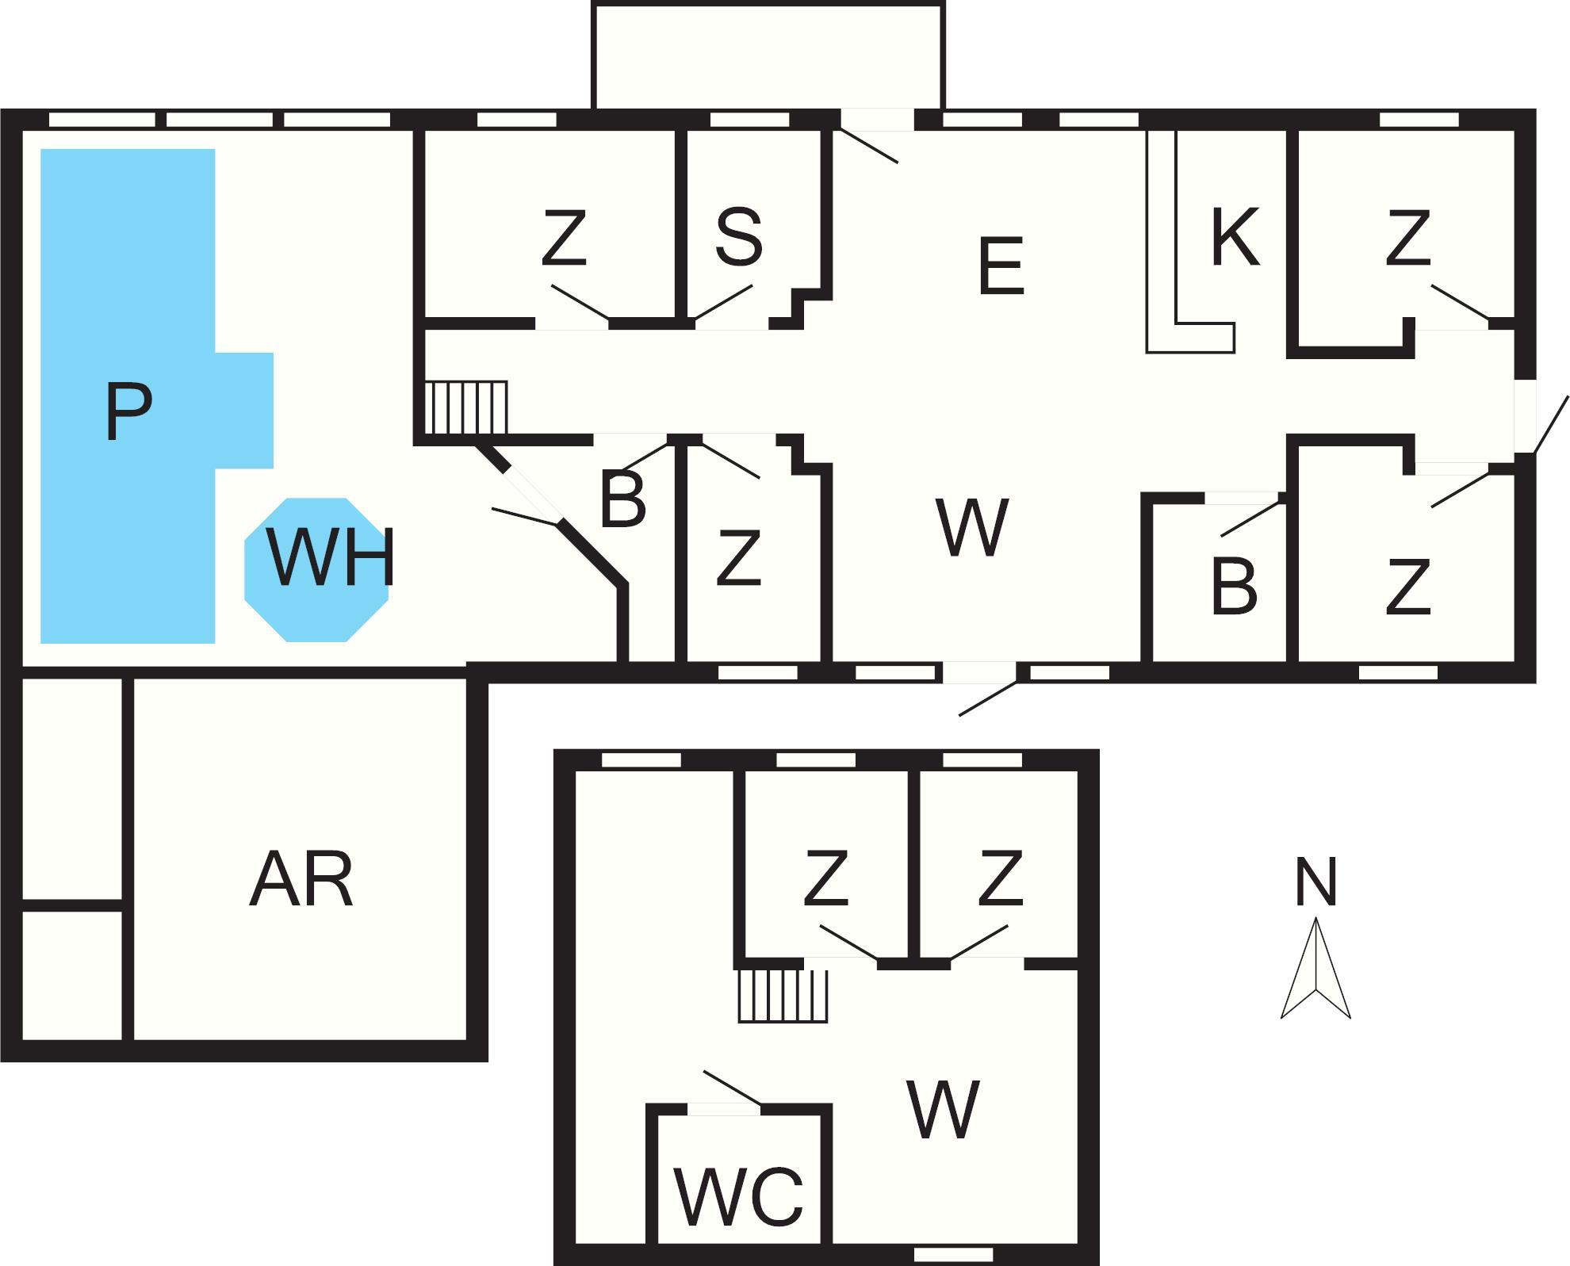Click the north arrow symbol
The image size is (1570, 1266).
pos(1315,969)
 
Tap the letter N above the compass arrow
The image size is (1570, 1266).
pos(1315,882)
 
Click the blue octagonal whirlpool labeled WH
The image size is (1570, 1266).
pos(316,569)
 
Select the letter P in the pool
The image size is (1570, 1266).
pos(128,412)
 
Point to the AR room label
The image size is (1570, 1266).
pos(301,880)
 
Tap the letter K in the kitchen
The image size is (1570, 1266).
pos(1235,236)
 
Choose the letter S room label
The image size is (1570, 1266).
pos(738,236)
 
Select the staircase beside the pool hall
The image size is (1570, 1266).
pos(465,407)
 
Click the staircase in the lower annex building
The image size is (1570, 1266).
pos(783,996)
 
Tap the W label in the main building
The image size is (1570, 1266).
pos(972,527)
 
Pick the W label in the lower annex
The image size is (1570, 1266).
pos(943,1110)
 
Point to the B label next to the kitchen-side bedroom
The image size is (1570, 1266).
pos(1234,587)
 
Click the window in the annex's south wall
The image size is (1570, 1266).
pos(953,1254)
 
